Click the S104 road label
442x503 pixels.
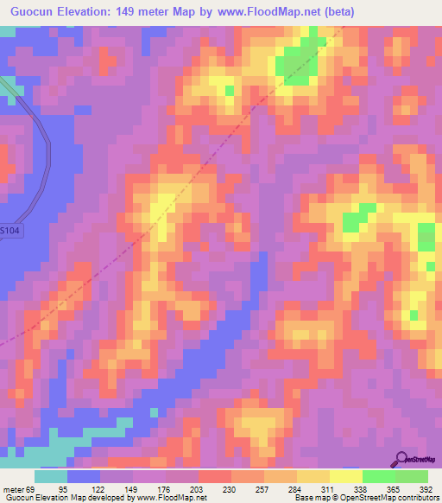point(9,231)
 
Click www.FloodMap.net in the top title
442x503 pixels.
point(268,12)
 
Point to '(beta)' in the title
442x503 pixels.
point(336,12)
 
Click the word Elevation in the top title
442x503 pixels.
point(91,12)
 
